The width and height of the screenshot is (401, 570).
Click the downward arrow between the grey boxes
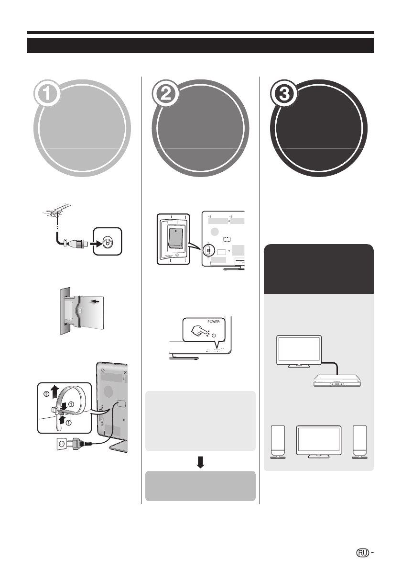point(200,461)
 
